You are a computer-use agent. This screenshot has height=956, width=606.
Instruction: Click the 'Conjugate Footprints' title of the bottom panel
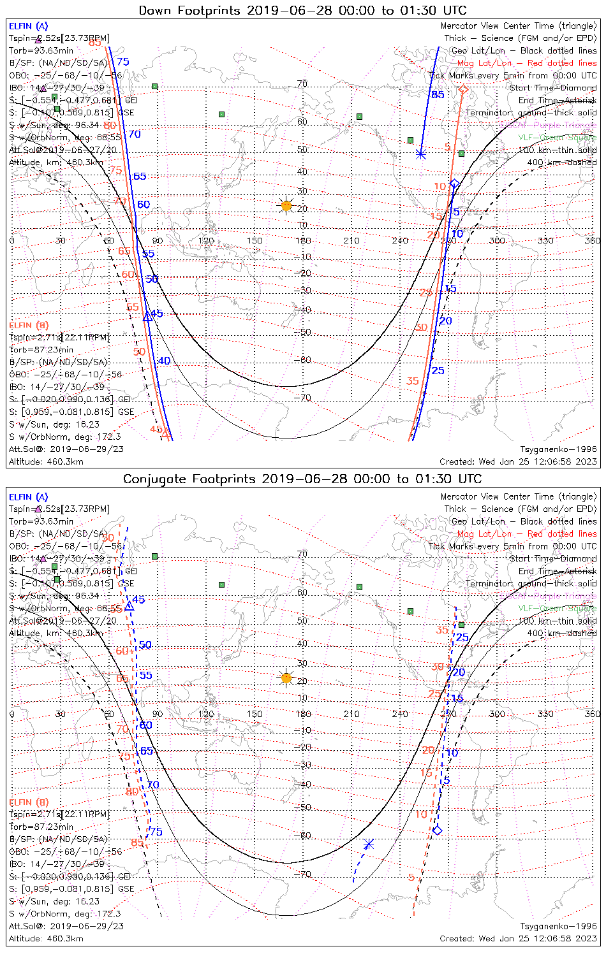click(184, 479)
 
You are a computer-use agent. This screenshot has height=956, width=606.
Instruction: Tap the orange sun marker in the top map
click(286, 206)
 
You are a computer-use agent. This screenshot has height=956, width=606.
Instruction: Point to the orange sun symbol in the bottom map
click(286, 678)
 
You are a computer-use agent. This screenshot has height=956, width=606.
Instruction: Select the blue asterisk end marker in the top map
click(420, 154)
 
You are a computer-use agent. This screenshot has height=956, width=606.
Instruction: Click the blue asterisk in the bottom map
click(368, 844)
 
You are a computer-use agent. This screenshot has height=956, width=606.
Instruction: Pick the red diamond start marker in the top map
click(463, 89)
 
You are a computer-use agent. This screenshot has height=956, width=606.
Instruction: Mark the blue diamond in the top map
click(455, 184)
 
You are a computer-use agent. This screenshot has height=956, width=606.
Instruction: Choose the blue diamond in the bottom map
click(437, 830)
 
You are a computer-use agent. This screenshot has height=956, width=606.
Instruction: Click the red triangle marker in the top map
click(166, 434)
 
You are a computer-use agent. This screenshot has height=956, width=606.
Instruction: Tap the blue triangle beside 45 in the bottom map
click(129, 605)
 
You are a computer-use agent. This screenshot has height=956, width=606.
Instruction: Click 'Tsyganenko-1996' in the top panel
click(559, 449)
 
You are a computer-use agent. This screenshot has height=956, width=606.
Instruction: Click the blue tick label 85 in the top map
click(438, 95)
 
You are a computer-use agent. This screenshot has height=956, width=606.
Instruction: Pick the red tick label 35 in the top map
click(413, 381)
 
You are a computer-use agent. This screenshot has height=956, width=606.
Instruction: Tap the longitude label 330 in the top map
click(545, 240)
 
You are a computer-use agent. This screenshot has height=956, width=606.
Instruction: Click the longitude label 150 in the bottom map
click(255, 714)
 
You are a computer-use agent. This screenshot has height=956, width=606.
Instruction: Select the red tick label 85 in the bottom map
click(137, 843)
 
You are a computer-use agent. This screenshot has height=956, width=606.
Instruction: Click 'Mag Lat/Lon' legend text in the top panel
click(484, 63)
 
